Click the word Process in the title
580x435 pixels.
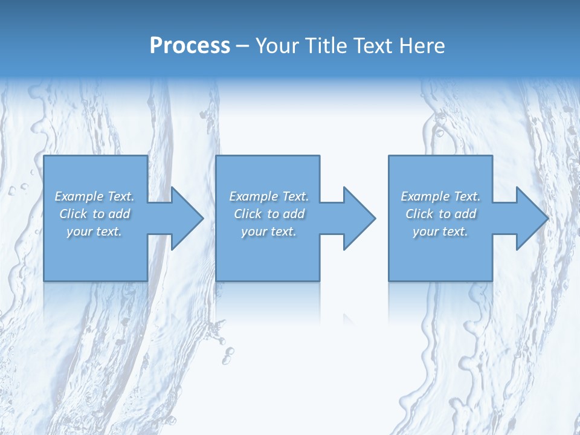pyautogui.click(x=190, y=46)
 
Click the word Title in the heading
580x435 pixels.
pyautogui.click(x=325, y=46)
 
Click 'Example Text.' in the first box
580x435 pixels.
pyautogui.click(x=94, y=196)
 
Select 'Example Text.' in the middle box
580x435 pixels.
pyautogui.click(x=269, y=196)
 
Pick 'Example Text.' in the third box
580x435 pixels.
pyautogui.click(x=440, y=196)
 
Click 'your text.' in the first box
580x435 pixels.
pyautogui.click(x=94, y=231)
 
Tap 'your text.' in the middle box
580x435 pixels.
pyautogui.click(x=269, y=231)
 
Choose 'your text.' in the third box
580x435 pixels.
pyautogui.click(x=440, y=231)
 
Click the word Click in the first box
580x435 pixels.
pyautogui.click(x=73, y=214)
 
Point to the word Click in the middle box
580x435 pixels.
pyautogui.click(x=248, y=214)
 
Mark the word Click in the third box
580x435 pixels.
pyautogui.click(x=419, y=214)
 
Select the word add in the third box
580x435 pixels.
pyautogui.click(x=465, y=214)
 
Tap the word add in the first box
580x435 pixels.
pyautogui.click(x=119, y=214)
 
